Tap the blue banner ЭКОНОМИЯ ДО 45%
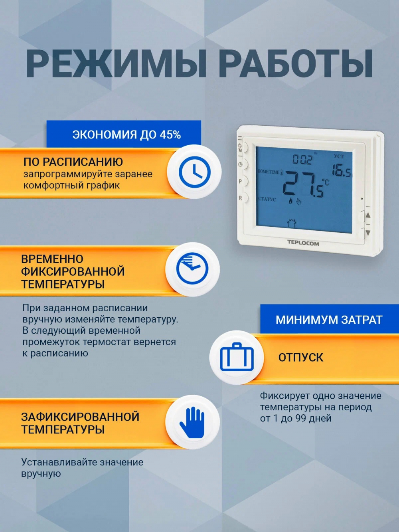(126, 134)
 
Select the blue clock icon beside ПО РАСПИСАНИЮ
(194, 172)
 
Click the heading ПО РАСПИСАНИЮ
(73, 162)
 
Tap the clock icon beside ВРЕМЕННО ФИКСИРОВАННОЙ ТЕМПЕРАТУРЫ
(192, 269)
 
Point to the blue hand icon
(192, 422)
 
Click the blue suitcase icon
(237, 357)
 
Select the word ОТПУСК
(300, 357)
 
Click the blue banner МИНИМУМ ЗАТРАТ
(329, 320)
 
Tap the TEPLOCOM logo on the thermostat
(303, 243)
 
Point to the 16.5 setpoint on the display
(341, 170)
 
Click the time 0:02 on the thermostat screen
(302, 160)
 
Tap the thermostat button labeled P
(244, 181)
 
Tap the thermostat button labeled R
(244, 198)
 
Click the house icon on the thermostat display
(291, 223)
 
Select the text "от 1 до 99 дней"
(296, 418)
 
